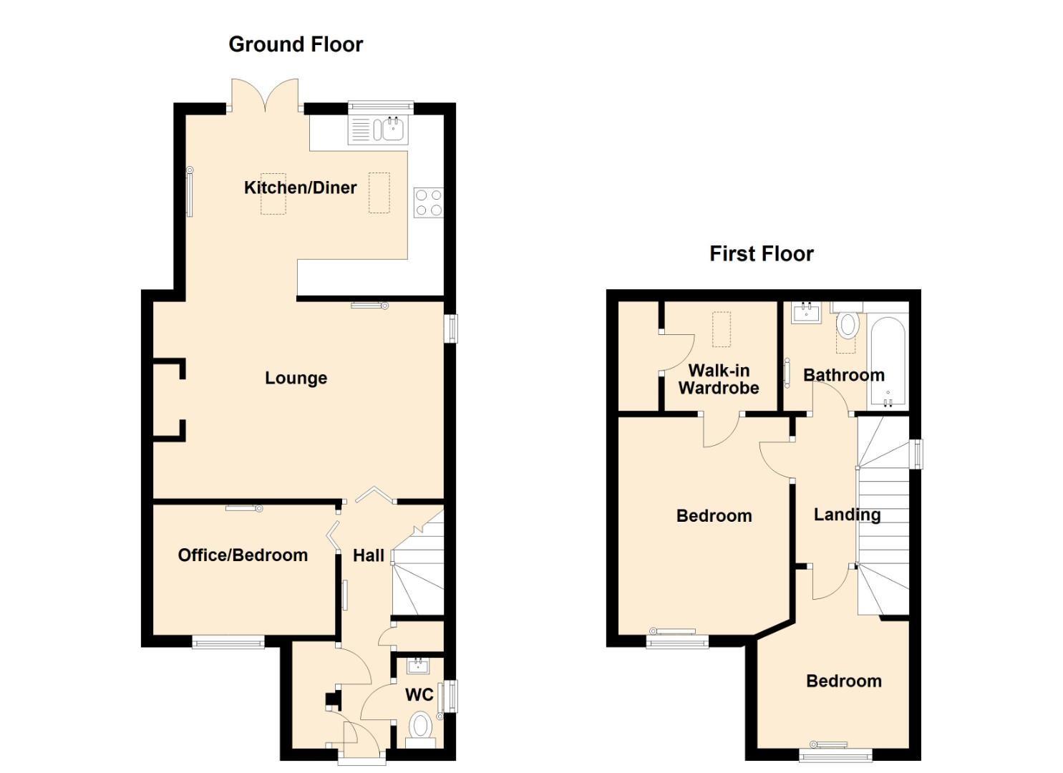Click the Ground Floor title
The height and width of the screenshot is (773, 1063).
click(x=296, y=44)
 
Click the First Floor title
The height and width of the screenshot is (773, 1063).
click(x=761, y=254)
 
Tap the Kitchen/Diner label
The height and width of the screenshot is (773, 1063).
click(x=300, y=188)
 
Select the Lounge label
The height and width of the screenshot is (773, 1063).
click(x=296, y=378)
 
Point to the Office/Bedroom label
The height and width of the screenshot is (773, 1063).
click(x=243, y=555)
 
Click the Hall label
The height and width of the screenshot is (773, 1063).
click(x=368, y=555)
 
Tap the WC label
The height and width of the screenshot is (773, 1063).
click(x=419, y=695)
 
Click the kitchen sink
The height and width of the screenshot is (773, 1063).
click(x=378, y=130)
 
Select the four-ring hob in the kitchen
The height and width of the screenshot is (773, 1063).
click(x=428, y=203)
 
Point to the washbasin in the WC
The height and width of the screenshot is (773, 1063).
click(x=418, y=666)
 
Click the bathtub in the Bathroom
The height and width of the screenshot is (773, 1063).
click(x=888, y=363)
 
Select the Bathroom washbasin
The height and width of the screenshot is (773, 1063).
click(x=806, y=312)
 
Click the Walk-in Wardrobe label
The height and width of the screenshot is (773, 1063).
click(x=719, y=379)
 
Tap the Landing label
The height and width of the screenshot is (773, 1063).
click(x=847, y=515)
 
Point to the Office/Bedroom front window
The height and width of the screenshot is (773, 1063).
click(x=228, y=642)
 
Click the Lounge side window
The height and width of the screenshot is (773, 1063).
click(x=451, y=328)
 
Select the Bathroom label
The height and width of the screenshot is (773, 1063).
click(x=844, y=375)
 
